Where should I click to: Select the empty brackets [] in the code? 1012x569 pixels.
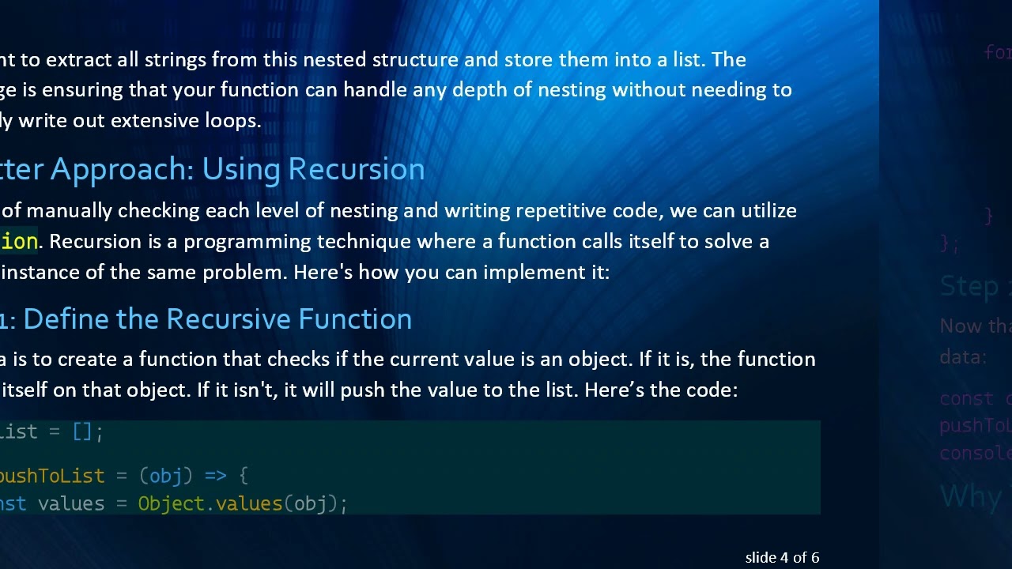(82, 431)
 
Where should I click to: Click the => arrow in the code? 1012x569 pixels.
(215, 476)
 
